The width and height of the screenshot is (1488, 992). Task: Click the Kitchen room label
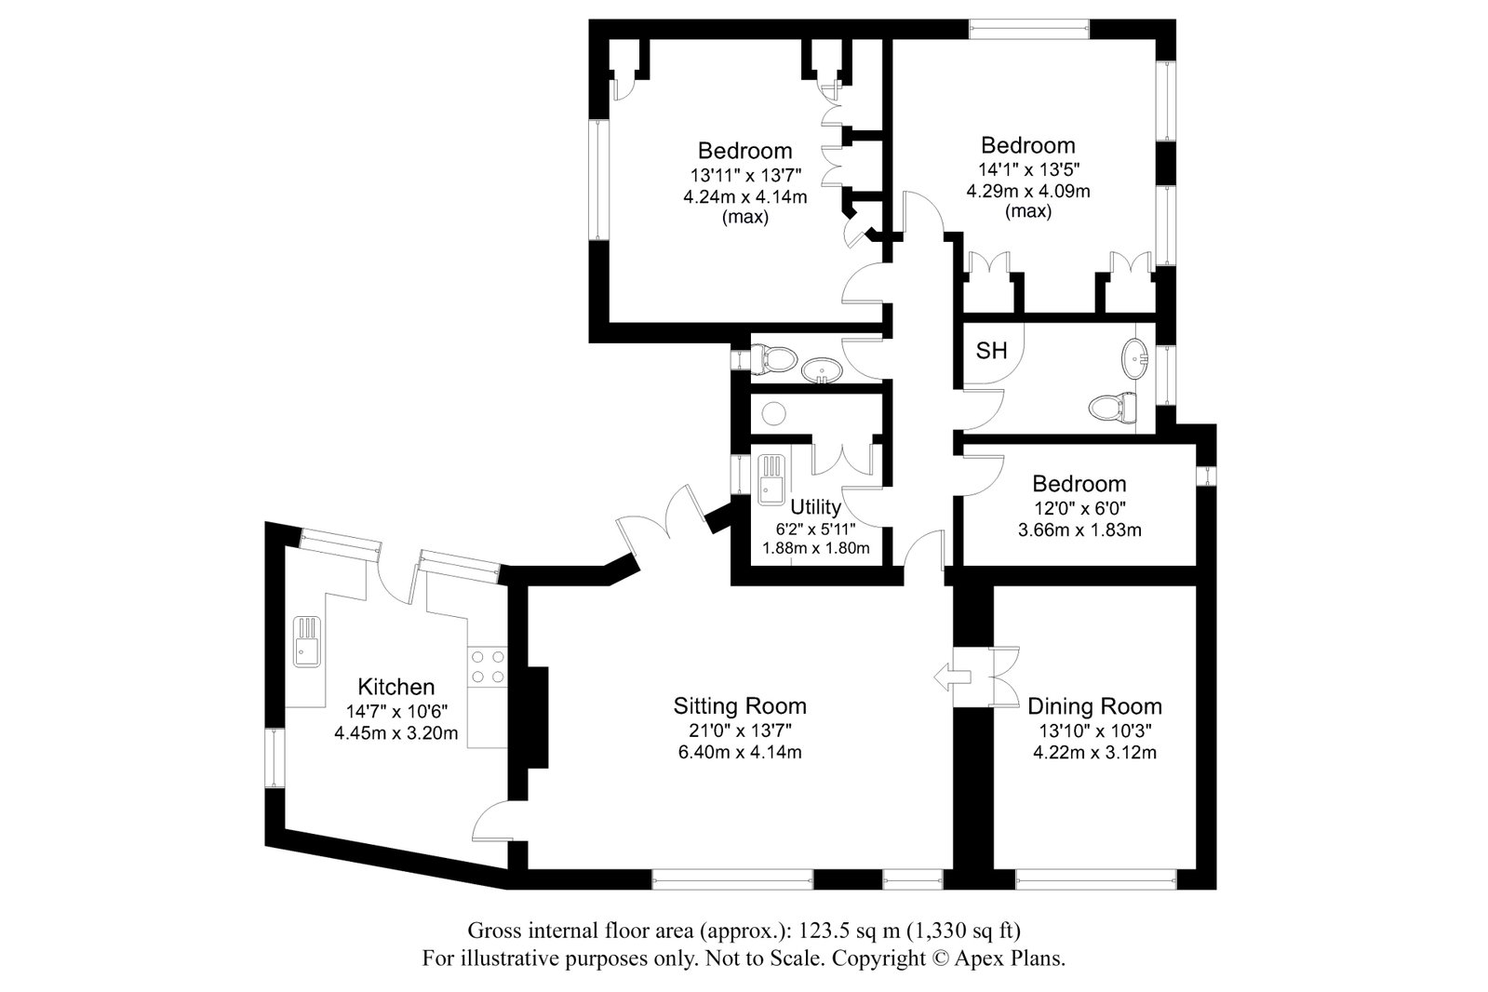tap(395, 687)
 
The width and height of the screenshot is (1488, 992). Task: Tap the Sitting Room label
tap(740, 705)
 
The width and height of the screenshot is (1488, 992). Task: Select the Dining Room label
tap(1094, 705)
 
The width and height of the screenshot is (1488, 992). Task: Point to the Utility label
tap(816, 507)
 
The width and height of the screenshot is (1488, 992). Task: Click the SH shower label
tap(991, 350)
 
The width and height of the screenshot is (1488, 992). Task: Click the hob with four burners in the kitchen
tap(488, 667)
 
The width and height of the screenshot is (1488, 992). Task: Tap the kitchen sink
tap(307, 641)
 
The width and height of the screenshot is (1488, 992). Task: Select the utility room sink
tap(771, 480)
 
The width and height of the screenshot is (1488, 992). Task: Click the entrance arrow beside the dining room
tap(953, 677)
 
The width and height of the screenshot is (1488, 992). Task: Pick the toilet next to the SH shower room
tap(1113, 407)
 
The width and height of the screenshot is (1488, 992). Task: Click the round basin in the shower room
tap(1134, 359)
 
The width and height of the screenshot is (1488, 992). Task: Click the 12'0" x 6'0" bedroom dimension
tap(1079, 508)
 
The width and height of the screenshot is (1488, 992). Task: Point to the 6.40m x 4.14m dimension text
tap(740, 752)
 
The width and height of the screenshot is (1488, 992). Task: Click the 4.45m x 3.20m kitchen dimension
tap(395, 733)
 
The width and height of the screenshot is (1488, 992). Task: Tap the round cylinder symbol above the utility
tap(774, 414)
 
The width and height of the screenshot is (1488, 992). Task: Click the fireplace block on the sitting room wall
tap(537, 717)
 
